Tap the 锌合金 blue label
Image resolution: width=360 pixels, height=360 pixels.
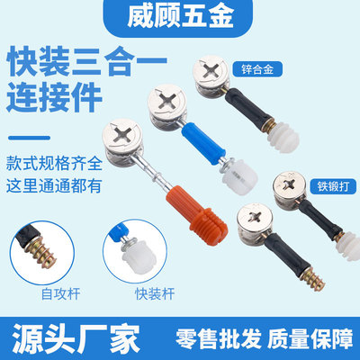pyautogui.click(x=257, y=69)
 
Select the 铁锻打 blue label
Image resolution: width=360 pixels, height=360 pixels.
pyautogui.click(x=333, y=186)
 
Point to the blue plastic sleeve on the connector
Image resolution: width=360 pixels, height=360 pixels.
pyautogui.click(x=203, y=143)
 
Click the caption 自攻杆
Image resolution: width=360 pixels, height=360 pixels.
pyautogui.click(x=61, y=293)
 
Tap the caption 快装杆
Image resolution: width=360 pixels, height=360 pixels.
pyautogui.click(x=155, y=293)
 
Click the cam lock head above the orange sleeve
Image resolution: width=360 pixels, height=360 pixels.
pyautogui.click(x=122, y=140)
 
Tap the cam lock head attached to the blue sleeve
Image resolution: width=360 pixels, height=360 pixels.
pyautogui.click(x=166, y=106)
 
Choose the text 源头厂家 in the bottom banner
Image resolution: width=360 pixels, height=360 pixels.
pyautogui.click(x=76, y=338)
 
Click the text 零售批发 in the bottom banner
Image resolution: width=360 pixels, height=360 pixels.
pyautogui.click(x=219, y=339)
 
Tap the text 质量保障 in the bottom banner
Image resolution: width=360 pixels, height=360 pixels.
pyautogui.click(x=310, y=339)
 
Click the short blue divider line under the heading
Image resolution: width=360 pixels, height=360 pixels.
pyautogui.click(x=30, y=138)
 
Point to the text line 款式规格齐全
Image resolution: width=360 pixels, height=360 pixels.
pyautogui.click(x=54, y=164)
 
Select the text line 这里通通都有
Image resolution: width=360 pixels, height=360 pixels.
pyautogui.click(x=54, y=186)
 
